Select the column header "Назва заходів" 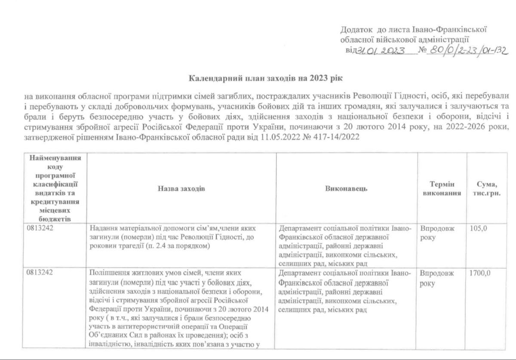[181, 188]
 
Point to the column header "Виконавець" [346, 188]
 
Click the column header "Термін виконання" [442, 188]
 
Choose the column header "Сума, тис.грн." [487, 188]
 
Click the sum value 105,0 [479, 228]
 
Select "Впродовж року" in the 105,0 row [436, 233]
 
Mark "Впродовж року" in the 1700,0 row [436, 278]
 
